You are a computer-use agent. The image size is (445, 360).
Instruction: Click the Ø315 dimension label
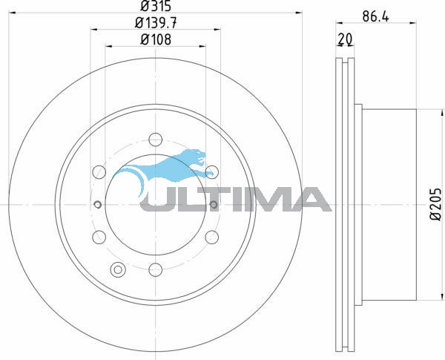click(156, 6)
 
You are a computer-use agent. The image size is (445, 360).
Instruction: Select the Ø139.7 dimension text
click(156, 23)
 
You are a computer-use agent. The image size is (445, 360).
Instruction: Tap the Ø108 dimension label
click(156, 39)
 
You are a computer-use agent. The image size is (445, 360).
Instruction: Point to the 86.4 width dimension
click(376, 17)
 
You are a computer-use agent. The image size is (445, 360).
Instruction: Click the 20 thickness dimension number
click(345, 39)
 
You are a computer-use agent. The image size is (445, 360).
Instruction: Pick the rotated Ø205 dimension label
click(436, 203)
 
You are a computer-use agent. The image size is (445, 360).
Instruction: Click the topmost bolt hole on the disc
click(156, 140)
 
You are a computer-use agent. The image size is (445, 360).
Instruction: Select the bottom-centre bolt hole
click(156, 269)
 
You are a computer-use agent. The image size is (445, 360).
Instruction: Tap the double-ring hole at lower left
click(118, 269)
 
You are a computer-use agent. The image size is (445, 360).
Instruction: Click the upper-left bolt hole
click(99, 172)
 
